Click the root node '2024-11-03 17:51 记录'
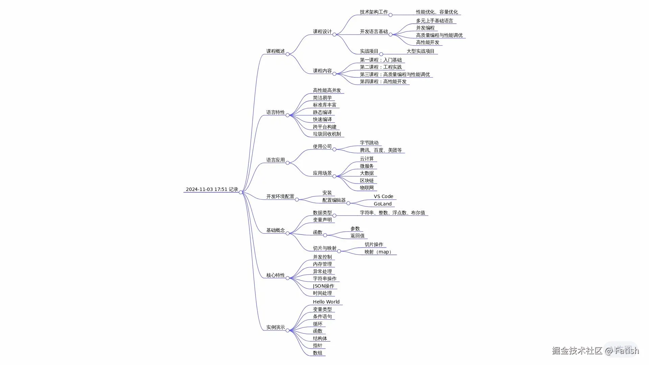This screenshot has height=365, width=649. point(212,189)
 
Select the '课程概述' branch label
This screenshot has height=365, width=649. point(275,51)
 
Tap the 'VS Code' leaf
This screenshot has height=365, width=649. point(383,196)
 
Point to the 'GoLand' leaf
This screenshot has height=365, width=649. point(383,204)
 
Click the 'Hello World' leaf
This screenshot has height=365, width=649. point(326,302)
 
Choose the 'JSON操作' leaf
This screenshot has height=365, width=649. point(323,286)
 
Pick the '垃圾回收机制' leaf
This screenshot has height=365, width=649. point(327,134)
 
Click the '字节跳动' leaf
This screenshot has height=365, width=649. point(369,143)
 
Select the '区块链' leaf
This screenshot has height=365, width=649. point(367,180)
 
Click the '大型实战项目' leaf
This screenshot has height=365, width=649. point(420,51)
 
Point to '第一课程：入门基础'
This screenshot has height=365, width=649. point(381,60)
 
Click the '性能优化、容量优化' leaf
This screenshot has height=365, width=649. point(437,12)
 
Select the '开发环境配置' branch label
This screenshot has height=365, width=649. point(280,196)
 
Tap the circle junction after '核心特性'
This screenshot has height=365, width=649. point(288,278)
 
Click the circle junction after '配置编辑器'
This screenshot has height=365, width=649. point(348,203)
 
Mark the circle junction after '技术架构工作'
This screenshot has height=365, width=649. point(390,15)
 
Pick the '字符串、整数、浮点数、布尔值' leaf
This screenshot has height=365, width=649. point(392,213)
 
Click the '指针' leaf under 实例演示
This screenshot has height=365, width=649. point(318,345)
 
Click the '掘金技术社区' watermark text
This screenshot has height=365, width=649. point(577,350)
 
